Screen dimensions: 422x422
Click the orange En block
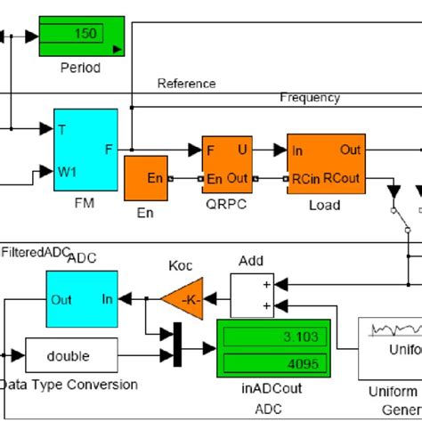pos(146,179)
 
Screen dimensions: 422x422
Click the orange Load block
pos(326,165)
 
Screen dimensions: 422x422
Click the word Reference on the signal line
pos(186,84)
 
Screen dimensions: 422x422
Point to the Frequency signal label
pos(310,97)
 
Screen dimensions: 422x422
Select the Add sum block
pos(252,294)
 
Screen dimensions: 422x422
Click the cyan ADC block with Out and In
pos(81,299)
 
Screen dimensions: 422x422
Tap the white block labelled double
pos(69,356)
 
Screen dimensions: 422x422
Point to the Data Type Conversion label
pos(70,385)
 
